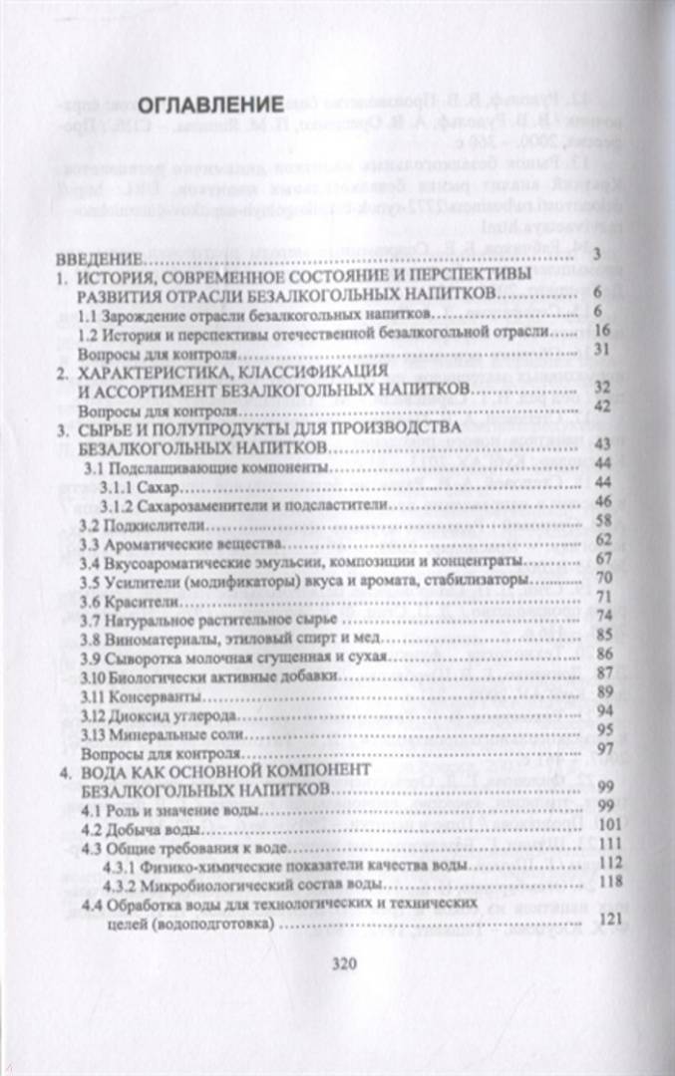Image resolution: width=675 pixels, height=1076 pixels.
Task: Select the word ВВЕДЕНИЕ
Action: pyautogui.click(x=99, y=258)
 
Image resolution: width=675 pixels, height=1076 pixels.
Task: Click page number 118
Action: pyautogui.click(x=612, y=882)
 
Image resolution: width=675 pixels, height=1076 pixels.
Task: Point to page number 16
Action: pyautogui.click(x=601, y=331)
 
